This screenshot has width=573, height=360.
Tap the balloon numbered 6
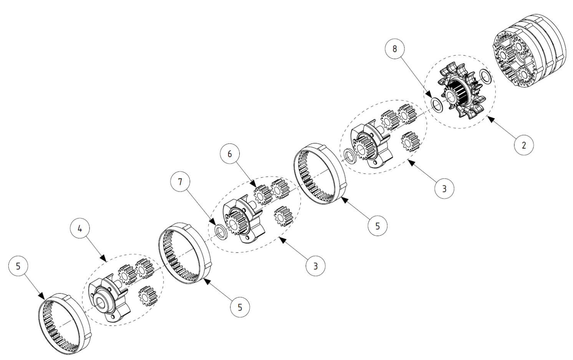click(x=230, y=154)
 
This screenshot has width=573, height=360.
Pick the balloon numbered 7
click(x=180, y=182)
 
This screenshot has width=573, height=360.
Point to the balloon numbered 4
click(x=79, y=229)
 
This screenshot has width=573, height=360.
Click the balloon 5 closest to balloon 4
click(x=18, y=266)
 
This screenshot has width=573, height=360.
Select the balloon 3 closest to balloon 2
click(x=444, y=189)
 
